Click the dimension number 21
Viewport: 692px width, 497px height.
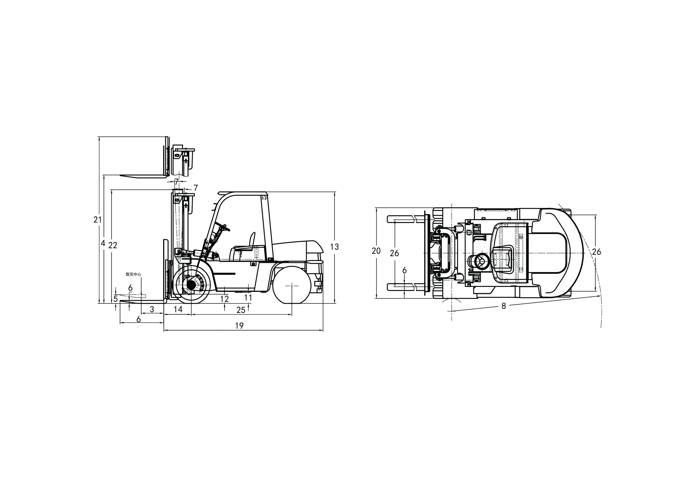click(97, 219)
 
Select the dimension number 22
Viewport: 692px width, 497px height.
click(113, 245)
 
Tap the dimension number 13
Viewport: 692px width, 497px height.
click(334, 247)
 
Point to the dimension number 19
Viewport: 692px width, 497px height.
click(240, 326)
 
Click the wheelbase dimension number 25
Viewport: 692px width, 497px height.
click(241, 310)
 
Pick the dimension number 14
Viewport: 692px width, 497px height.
click(178, 309)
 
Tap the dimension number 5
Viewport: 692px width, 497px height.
click(116, 299)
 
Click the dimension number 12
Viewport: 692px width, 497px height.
click(225, 299)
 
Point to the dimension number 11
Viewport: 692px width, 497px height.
click(248, 297)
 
